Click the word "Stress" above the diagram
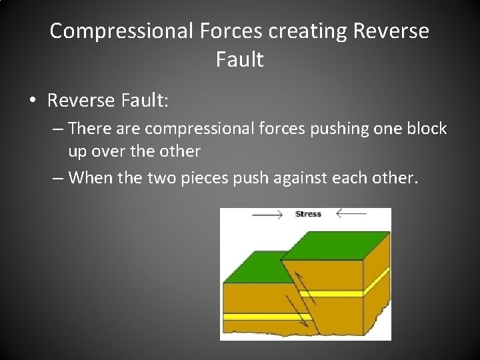[x=308, y=214]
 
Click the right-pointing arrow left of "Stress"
[x=266, y=214]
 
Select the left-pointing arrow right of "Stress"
[x=351, y=214]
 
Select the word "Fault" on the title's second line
[x=239, y=60]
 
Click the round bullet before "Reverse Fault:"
[x=31, y=101]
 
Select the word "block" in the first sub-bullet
[x=425, y=128]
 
